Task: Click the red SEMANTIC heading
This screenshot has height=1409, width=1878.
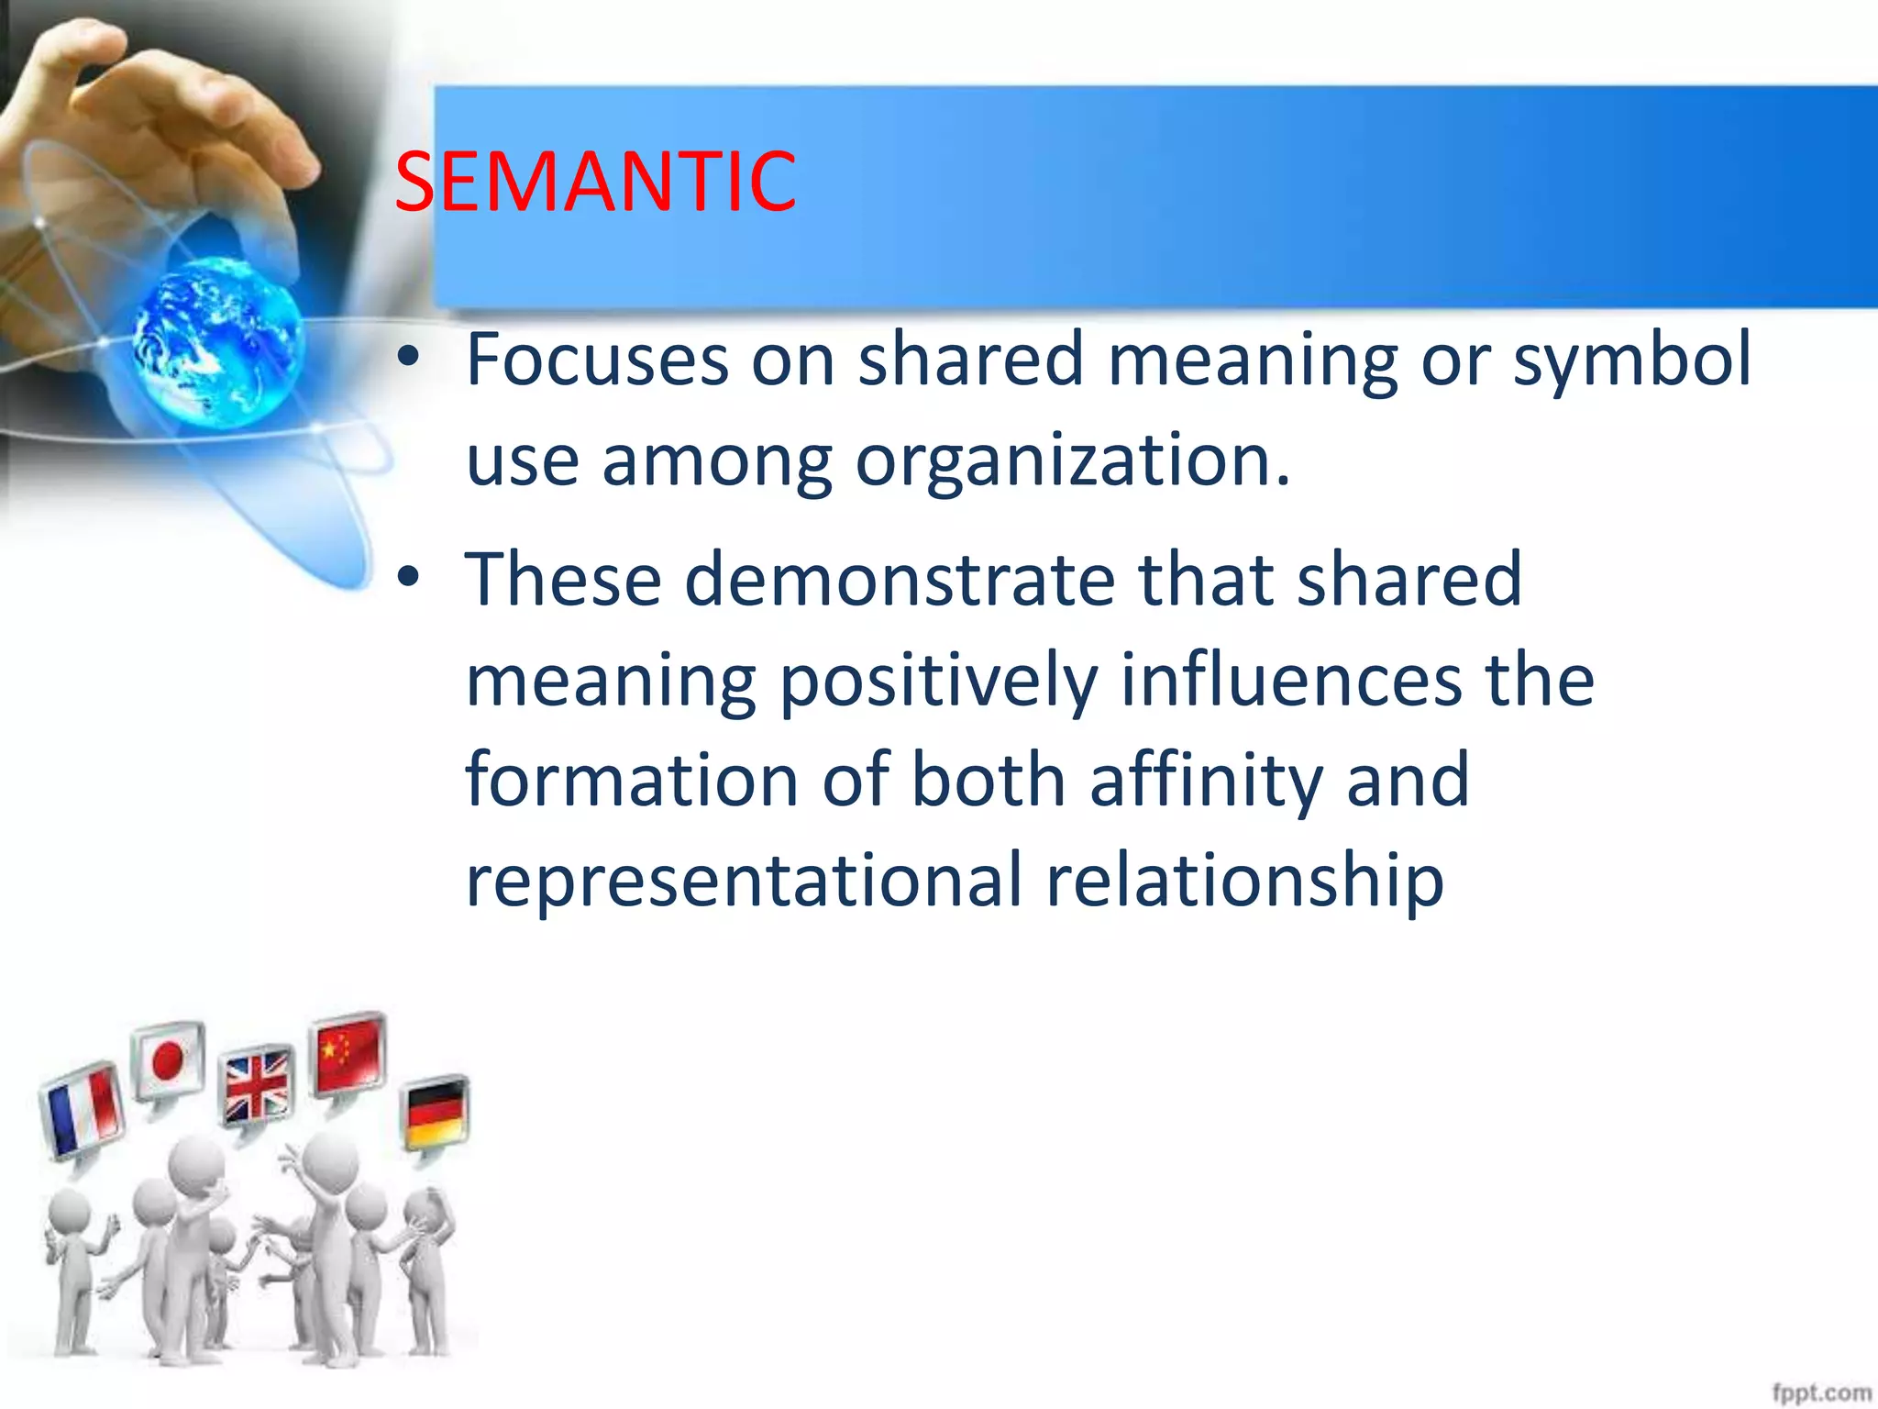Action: coord(595,182)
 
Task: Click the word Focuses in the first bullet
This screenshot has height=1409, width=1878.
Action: coord(597,360)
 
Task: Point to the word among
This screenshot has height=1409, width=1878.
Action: coord(716,461)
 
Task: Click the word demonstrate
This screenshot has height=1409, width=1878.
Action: coord(899,579)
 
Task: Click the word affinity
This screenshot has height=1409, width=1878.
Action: coord(1206,782)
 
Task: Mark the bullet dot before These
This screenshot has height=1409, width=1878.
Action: coord(409,579)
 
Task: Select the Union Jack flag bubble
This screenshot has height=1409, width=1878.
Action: coord(258,1087)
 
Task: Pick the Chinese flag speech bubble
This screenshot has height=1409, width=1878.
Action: coord(347,1054)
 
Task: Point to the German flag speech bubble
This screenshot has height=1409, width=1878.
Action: coord(436,1115)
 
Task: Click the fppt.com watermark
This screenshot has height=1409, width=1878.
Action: coord(1820,1392)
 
